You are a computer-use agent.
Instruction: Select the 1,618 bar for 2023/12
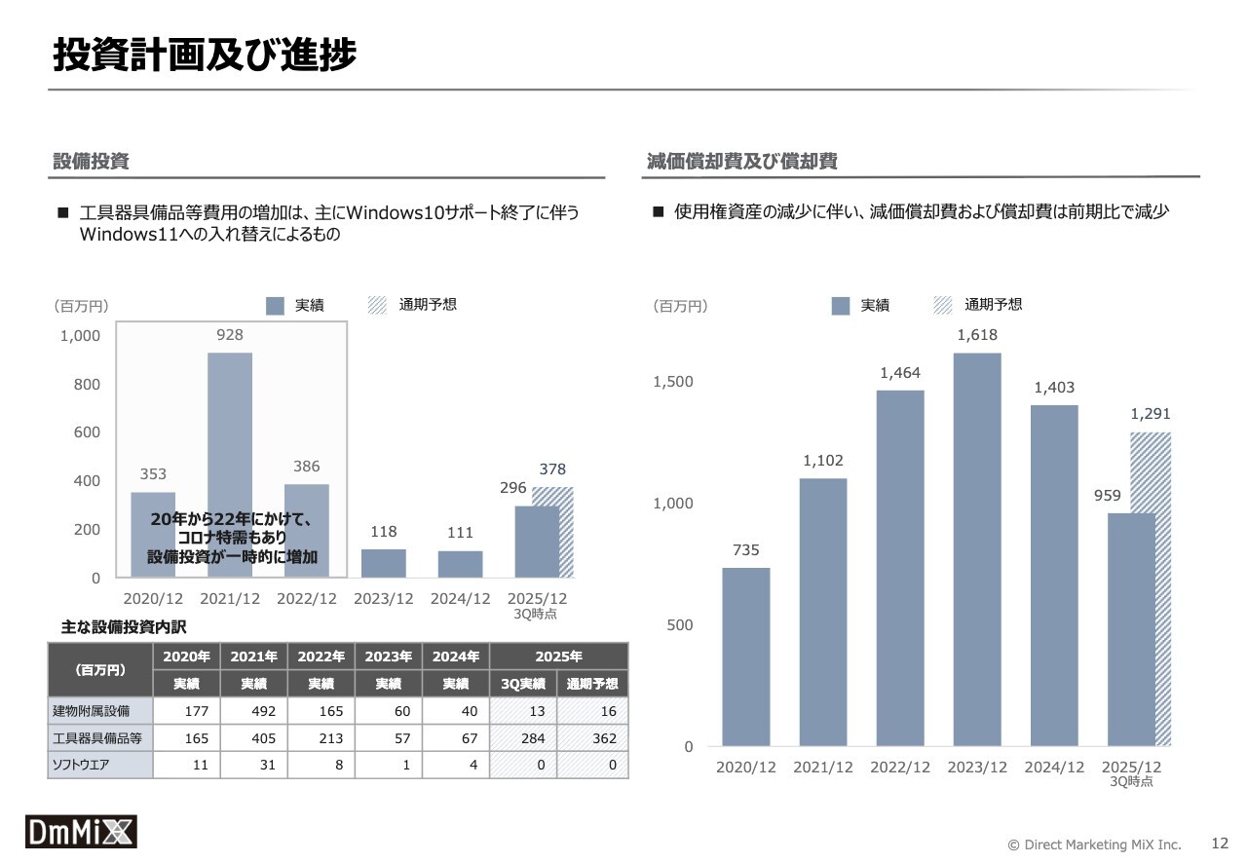[977, 549]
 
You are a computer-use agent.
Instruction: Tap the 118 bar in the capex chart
[383, 563]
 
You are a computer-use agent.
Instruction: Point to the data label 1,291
[1151, 414]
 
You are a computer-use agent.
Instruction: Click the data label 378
[552, 469]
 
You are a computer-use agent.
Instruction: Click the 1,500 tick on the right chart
[673, 382]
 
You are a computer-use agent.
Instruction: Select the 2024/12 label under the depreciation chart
[1054, 768]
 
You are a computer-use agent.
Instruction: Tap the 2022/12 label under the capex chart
[307, 599]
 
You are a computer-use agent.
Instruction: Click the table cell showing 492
[263, 711]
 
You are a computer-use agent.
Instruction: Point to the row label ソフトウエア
[81, 766]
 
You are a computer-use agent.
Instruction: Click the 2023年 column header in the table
[388, 657]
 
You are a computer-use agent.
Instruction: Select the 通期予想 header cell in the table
[592, 684]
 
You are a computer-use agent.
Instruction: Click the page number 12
[1220, 844]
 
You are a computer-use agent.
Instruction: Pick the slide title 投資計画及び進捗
[205, 56]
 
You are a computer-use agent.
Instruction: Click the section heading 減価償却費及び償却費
[742, 162]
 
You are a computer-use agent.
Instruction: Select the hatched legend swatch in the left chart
[378, 306]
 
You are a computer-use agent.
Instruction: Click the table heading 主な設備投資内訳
[123, 626]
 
